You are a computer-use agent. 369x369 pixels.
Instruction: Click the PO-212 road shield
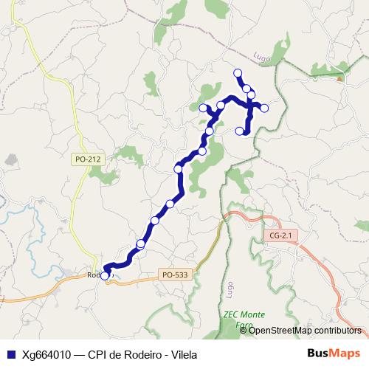click(88, 159)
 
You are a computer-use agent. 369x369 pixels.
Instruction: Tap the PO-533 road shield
click(175, 275)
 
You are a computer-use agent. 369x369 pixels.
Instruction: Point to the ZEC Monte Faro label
click(243, 319)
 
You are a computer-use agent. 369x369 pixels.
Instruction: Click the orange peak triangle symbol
click(339, 77)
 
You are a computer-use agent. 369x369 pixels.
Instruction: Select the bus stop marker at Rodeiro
click(105, 276)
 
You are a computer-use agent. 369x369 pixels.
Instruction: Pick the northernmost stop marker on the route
click(238, 72)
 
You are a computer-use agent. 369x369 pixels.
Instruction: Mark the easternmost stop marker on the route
click(264, 108)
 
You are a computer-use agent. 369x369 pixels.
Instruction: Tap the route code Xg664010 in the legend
click(45, 354)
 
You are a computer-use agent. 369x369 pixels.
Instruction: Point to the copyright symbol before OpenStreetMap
click(244, 330)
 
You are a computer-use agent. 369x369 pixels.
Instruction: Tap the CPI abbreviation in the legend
click(98, 354)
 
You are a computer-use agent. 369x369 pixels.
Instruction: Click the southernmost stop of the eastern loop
click(239, 131)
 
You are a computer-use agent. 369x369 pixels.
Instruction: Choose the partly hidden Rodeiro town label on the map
click(94, 275)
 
